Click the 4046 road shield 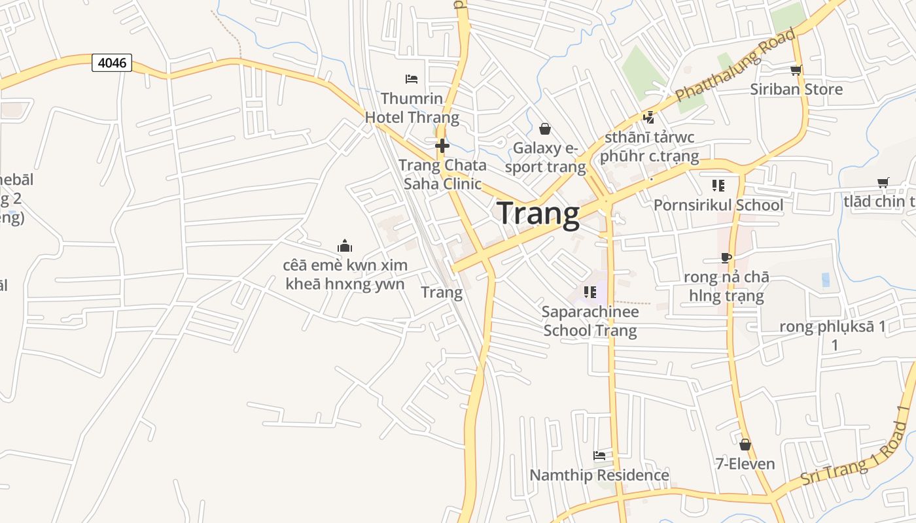[x=112, y=63]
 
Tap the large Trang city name [x=538, y=214]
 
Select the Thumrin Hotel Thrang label [x=412, y=108]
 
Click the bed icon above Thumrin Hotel [x=412, y=79]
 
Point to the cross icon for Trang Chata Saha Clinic [x=442, y=145]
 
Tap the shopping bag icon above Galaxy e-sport [x=544, y=129]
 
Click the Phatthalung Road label [x=736, y=65]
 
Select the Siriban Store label [x=796, y=89]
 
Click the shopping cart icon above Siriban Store [x=796, y=70]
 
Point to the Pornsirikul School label [x=718, y=205]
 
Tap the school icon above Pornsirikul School [x=718, y=186]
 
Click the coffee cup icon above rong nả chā [x=726, y=258]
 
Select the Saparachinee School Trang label [x=590, y=320]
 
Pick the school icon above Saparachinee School [x=590, y=292]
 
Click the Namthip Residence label [x=599, y=475]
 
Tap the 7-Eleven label [x=745, y=464]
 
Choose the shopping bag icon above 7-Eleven [x=745, y=445]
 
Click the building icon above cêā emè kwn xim [x=345, y=246]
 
